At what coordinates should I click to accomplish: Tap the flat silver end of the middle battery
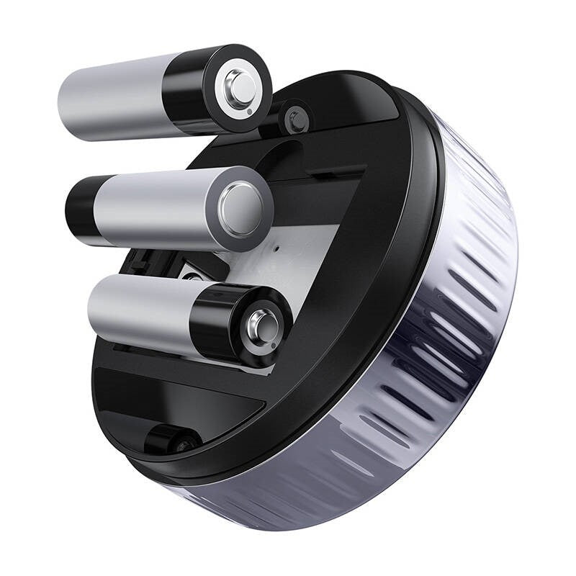point(243,206)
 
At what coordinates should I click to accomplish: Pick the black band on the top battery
point(189,90)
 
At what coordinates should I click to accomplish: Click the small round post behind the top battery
point(294,120)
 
